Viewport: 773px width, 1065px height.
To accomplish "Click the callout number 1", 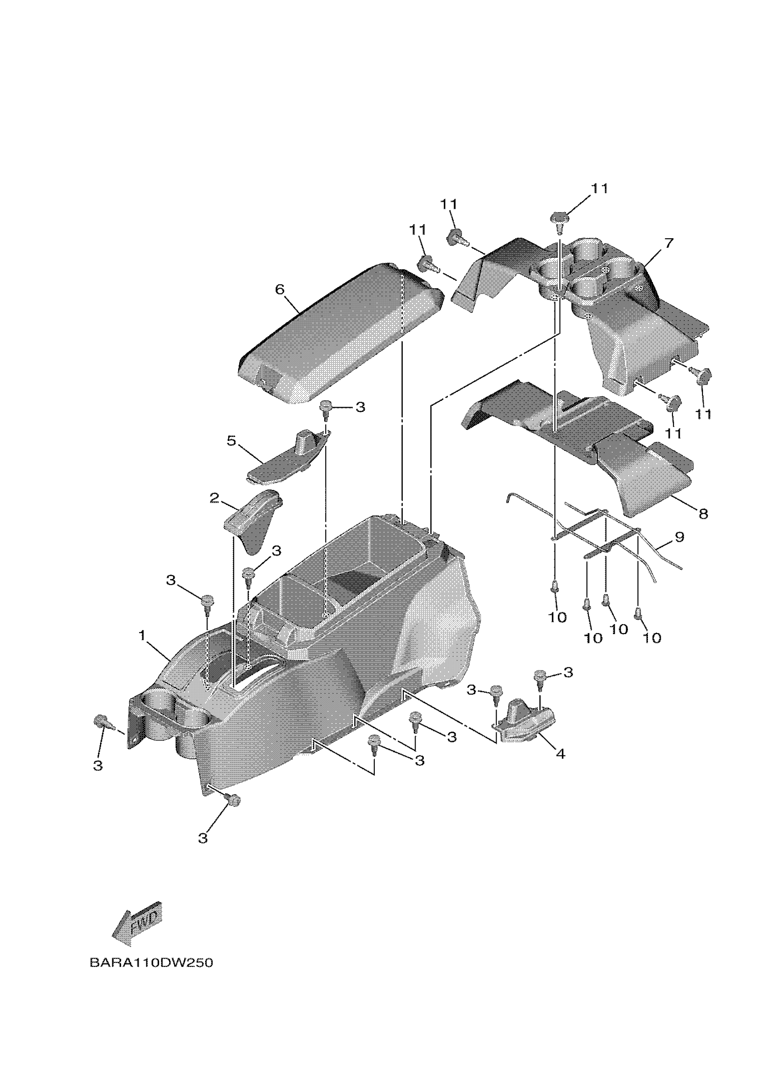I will click(x=142, y=636).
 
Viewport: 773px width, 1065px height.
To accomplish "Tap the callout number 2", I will click(x=214, y=498).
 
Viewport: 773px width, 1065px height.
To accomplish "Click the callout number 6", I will click(x=280, y=289).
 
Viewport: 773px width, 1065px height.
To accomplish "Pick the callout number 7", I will click(x=669, y=243).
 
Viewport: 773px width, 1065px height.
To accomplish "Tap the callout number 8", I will click(x=703, y=513).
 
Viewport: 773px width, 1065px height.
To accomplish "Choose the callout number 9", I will click(x=679, y=537).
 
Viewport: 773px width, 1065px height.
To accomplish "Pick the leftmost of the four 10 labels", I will click(x=557, y=617).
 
